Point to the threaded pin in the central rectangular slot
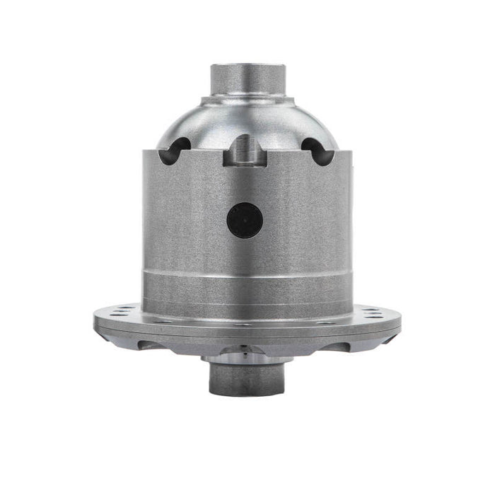click(245, 150)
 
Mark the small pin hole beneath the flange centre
click(245, 351)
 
